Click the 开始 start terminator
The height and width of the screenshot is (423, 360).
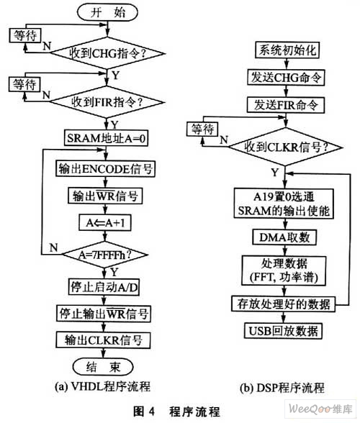(107, 13)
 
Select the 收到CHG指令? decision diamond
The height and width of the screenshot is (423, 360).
(108, 53)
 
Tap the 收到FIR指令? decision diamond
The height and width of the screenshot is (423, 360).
(107, 102)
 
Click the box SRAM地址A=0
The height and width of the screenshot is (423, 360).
(106, 138)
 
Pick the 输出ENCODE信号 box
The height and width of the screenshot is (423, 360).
(106, 169)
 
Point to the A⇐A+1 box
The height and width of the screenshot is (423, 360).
(105, 222)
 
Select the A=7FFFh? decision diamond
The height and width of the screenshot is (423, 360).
(105, 255)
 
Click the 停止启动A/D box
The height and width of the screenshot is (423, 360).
(104, 287)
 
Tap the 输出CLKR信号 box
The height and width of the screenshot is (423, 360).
(103, 340)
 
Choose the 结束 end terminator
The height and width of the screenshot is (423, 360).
(103, 367)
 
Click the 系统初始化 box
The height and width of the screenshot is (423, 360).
(287, 50)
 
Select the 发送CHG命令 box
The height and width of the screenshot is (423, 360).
(286, 78)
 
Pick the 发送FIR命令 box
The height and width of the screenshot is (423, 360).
(286, 105)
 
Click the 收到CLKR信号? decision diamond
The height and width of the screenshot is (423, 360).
(286, 147)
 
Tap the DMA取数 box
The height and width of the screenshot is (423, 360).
(284, 237)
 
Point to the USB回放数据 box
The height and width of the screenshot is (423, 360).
(283, 330)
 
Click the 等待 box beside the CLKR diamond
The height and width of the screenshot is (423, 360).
(202, 129)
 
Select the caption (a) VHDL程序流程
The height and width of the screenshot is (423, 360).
(102, 387)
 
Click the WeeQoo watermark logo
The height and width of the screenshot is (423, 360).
(320, 409)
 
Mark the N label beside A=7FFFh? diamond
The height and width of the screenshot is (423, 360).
(54, 247)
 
